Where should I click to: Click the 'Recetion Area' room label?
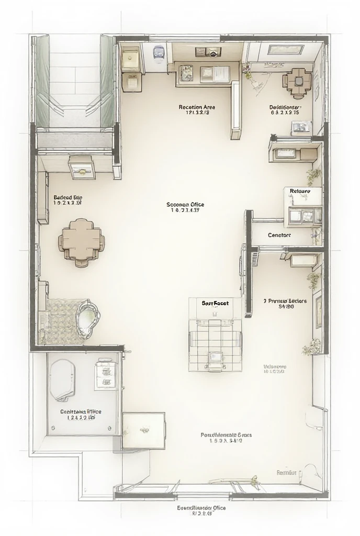[197, 107]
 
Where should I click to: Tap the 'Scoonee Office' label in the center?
[185, 205]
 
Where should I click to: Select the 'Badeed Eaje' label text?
[68, 198]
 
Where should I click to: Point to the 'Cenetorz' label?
[279, 235]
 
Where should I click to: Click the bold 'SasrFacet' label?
[215, 303]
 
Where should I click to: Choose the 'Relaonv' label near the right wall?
[300, 192]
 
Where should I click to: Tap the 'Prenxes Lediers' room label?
[285, 301]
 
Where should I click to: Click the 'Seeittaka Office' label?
[81, 411]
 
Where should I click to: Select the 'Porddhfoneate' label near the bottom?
[227, 435]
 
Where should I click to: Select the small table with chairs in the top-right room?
[297, 81]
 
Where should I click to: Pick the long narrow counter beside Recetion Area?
[235, 110]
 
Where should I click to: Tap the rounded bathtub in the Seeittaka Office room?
[62, 379]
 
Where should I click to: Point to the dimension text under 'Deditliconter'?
[284, 112]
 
